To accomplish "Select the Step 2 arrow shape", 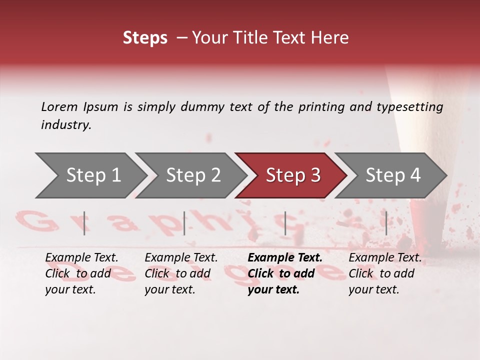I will (x=190, y=175).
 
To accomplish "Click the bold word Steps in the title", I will (x=145, y=38).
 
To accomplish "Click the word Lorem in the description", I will (x=59, y=106).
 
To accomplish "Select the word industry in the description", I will (x=66, y=125).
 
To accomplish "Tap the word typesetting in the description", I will (x=410, y=106).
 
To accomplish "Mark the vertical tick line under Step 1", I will (x=84, y=223).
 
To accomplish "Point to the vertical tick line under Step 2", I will (x=184, y=223).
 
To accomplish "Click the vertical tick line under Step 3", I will (x=285, y=223).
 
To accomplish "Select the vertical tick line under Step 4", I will (x=386, y=223).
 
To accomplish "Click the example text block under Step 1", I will (x=81, y=273).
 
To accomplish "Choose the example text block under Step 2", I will (x=181, y=273).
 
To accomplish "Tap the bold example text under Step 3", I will (x=285, y=273).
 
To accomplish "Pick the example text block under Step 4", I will (x=385, y=273).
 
